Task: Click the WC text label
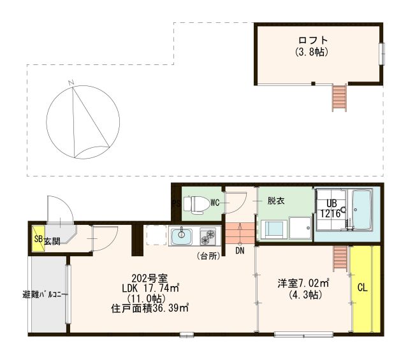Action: tap(215, 203)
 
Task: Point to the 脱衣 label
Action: tap(275, 200)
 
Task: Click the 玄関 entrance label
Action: tap(52, 241)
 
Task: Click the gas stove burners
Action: tap(209, 237)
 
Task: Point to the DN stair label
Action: tap(239, 251)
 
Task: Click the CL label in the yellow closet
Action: tap(362, 288)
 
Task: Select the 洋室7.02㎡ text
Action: tap(303, 283)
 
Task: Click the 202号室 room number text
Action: tap(149, 278)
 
